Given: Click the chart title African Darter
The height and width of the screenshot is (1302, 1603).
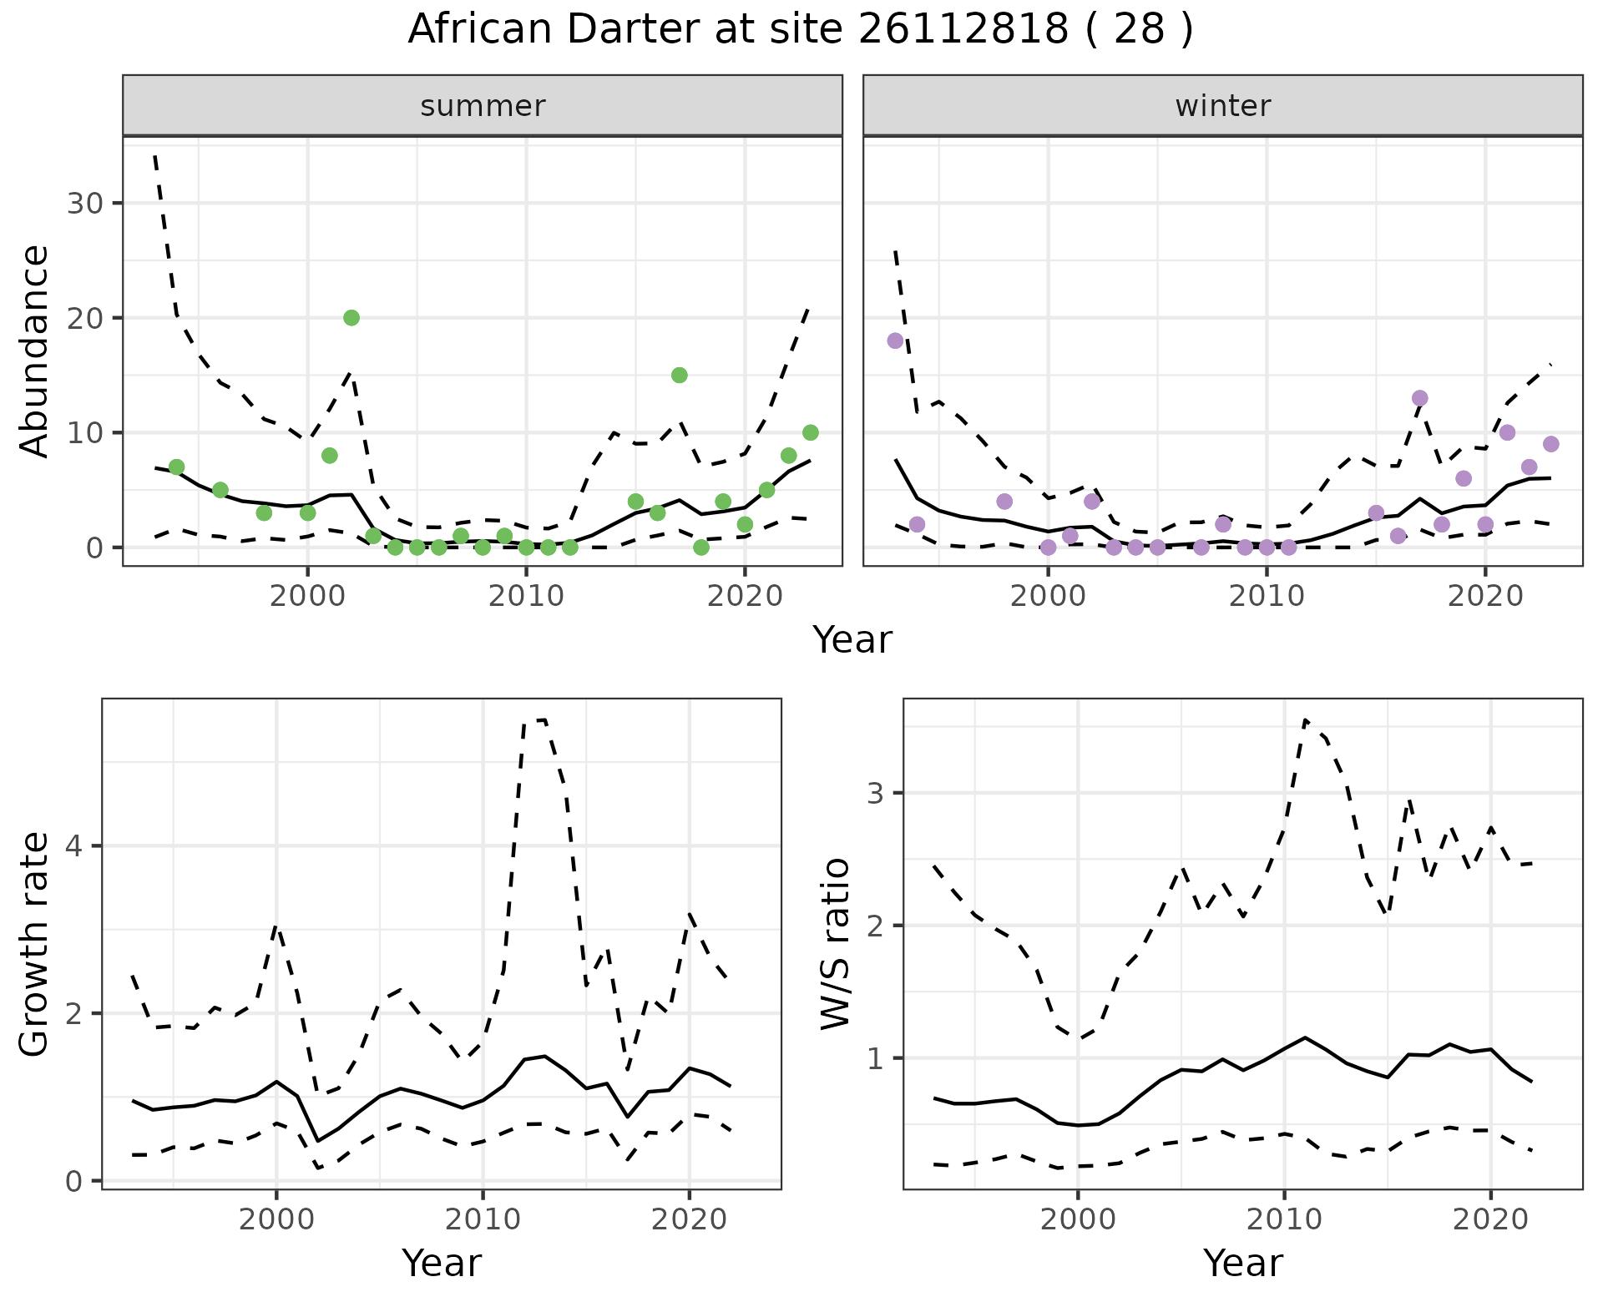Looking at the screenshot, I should [800, 30].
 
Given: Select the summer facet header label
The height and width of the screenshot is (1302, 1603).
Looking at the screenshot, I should [483, 106].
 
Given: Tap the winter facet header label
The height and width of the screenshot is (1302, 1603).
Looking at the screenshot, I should [1222, 106].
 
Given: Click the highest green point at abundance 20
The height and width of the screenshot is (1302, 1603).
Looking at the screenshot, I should [351, 318].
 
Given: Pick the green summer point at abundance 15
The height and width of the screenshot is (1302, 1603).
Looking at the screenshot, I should [679, 376].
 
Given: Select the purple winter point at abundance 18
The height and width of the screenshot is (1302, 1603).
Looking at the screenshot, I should [895, 341].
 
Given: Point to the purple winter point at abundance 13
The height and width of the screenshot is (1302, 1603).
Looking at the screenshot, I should [1419, 398].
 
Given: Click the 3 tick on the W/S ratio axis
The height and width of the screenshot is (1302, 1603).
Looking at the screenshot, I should [875, 793].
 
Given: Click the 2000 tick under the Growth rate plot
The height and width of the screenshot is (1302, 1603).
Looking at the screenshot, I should [276, 1219].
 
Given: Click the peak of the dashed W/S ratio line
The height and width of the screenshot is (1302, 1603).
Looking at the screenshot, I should [1305, 719].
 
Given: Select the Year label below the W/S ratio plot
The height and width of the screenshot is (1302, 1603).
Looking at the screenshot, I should [1242, 1264].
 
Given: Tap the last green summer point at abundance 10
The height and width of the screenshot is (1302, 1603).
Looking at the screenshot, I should [810, 432].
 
